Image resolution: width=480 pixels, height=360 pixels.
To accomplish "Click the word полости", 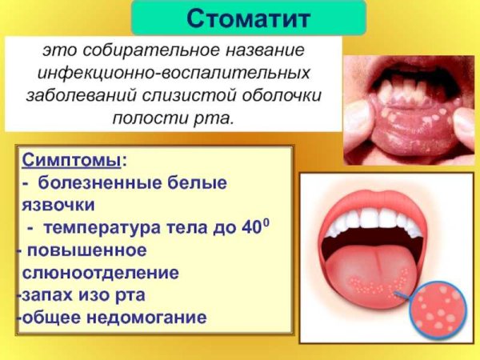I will tap(157, 118).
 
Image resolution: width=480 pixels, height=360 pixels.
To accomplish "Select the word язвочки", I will tap(58, 205).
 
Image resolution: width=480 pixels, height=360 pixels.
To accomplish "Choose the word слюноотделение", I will tap(101, 272).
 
